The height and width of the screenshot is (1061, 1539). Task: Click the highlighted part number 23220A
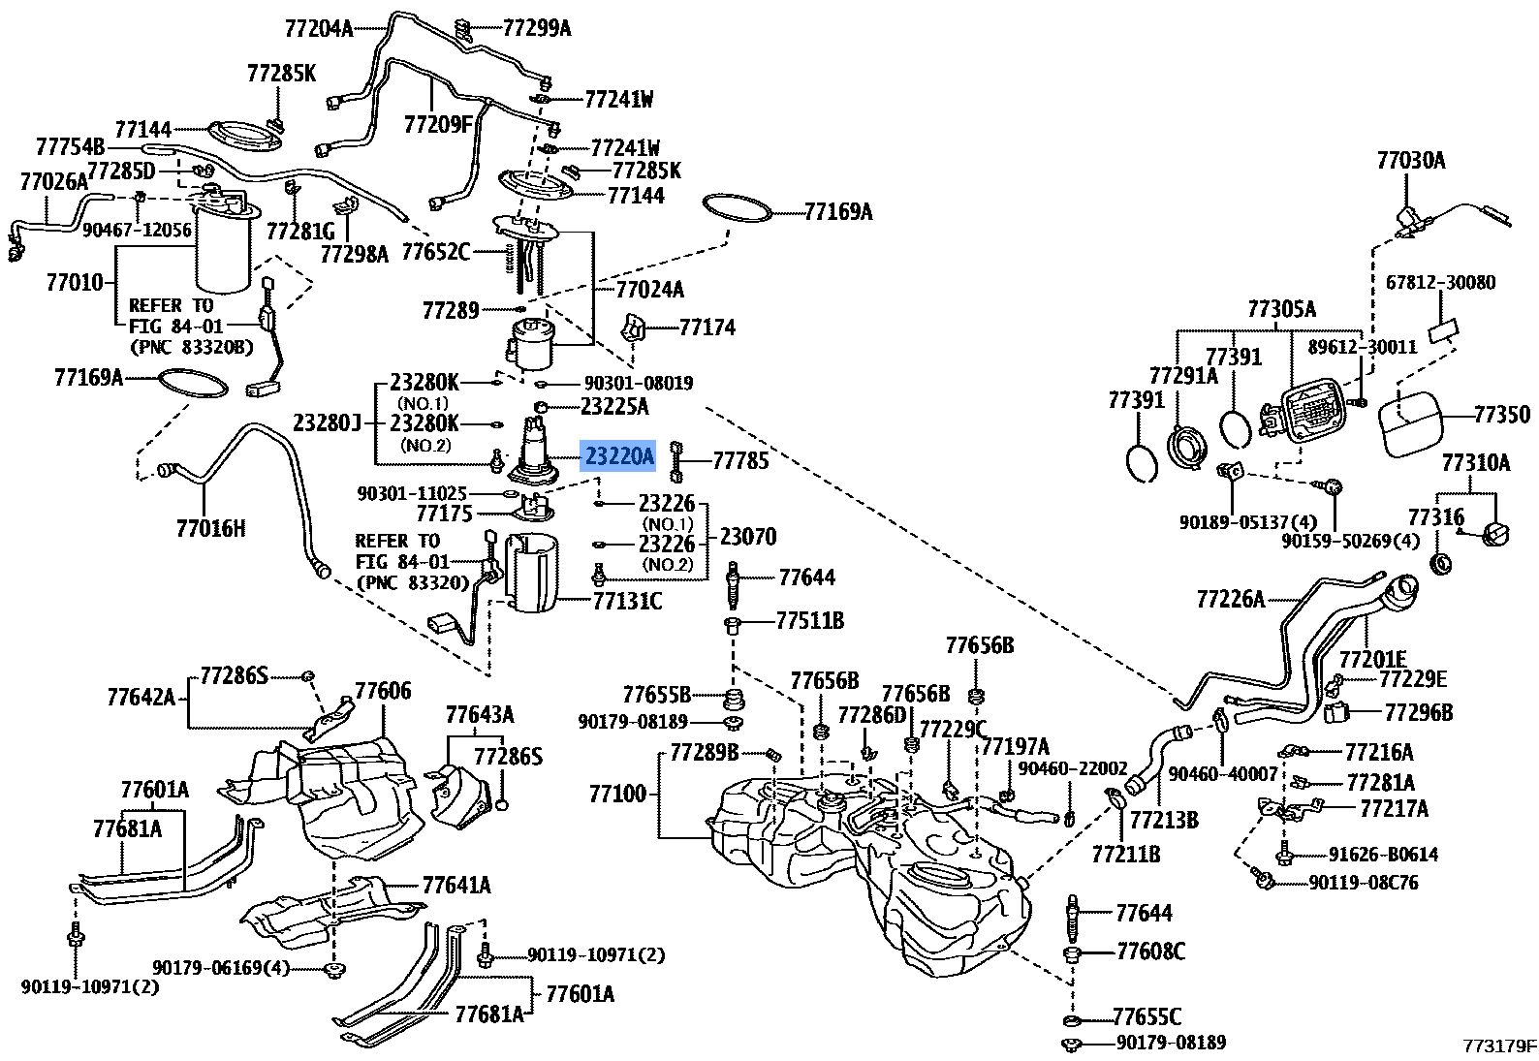(x=618, y=455)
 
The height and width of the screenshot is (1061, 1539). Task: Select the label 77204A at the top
(x=319, y=28)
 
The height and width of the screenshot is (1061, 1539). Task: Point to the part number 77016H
(x=210, y=528)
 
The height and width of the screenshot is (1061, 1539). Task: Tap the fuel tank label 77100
(x=617, y=795)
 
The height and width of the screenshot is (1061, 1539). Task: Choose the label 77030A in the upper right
(x=1410, y=160)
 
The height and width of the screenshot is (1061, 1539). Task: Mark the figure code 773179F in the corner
(x=1499, y=1045)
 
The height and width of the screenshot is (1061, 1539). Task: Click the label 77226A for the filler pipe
(x=1230, y=599)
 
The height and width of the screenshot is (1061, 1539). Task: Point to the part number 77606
(x=383, y=691)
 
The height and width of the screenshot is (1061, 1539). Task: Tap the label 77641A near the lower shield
(x=455, y=885)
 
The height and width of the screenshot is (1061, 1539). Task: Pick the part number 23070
(x=747, y=536)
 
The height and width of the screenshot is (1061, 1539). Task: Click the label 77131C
(x=627, y=602)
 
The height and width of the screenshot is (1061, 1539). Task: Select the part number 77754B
(x=70, y=146)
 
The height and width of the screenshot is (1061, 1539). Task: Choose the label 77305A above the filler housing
(x=1281, y=309)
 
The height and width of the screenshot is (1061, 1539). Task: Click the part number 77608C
(x=1150, y=952)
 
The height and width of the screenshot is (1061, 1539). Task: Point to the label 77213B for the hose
(x=1164, y=820)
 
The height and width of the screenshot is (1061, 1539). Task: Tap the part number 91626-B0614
(x=1383, y=855)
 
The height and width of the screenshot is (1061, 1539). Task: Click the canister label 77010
(x=75, y=282)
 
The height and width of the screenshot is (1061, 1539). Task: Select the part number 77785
(x=740, y=460)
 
